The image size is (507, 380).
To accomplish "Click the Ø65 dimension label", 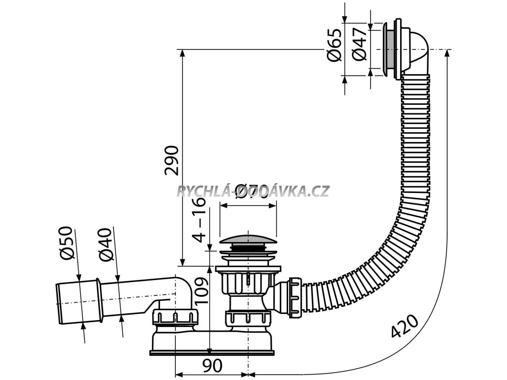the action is (335, 46).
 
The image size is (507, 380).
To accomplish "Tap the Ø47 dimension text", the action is (361, 46).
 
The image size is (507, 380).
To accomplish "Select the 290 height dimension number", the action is (171, 161).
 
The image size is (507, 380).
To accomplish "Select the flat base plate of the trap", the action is (213, 352).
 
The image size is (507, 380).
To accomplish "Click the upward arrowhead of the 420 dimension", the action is (448, 52).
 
